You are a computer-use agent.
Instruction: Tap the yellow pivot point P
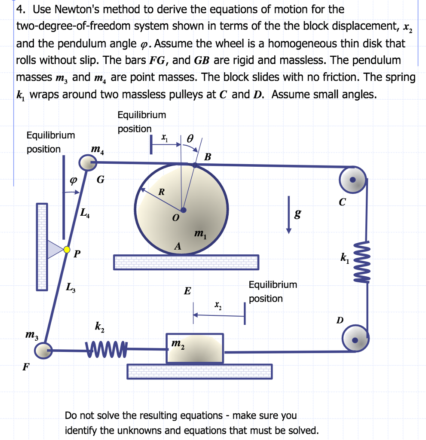point(67,249)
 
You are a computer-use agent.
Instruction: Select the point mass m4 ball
point(87,163)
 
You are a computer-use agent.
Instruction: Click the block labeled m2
point(195,347)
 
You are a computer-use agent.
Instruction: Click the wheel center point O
point(183,210)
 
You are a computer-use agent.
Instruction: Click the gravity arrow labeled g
point(290,215)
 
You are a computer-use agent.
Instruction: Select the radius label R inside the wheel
point(161,192)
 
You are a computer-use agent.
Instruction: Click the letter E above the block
point(187,291)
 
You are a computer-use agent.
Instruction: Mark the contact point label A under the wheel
point(177,246)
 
